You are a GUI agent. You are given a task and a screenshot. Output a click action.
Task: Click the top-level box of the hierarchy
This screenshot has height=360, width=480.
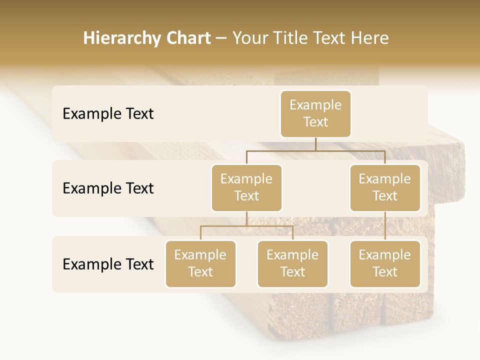pyautogui.click(x=315, y=113)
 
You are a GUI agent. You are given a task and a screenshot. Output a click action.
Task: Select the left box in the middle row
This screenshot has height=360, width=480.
pyautogui.click(x=246, y=187)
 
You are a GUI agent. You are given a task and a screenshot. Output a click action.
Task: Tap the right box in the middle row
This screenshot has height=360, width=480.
pyautogui.click(x=385, y=187)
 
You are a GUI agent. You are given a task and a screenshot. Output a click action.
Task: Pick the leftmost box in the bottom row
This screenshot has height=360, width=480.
pyautogui.click(x=200, y=263)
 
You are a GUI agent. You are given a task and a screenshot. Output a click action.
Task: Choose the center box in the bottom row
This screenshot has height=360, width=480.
pyautogui.click(x=292, y=263)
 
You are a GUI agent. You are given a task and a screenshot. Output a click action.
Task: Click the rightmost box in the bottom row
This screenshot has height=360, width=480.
pyautogui.click(x=385, y=263)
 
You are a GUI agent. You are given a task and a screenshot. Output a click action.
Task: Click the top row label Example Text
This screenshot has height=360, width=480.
pyautogui.click(x=108, y=113)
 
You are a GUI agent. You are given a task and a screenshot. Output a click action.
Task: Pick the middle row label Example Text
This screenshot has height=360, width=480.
pyautogui.click(x=108, y=188)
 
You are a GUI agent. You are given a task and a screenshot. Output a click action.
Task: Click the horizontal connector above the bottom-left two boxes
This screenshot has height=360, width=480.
pyautogui.click(x=246, y=226)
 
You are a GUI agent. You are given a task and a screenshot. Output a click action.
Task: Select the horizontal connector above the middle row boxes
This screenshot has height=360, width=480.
pyautogui.click(x=315, y=150)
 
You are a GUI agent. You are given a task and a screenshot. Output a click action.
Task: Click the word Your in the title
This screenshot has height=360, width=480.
pyautogui.click(x=248, y=38)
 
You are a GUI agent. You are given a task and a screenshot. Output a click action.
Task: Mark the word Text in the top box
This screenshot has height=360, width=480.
pyautogui.click(x=315, y=122)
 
